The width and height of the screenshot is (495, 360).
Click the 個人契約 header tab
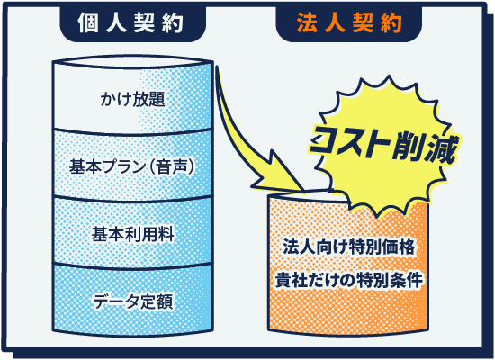(133, 23)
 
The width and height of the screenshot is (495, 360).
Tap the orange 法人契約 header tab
(349, 23)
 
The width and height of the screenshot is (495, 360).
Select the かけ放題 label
(133, 99)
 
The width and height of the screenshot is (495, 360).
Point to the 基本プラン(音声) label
(131, 166)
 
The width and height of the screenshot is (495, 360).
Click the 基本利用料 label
(133, 234)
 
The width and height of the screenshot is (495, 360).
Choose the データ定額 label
(133, 301)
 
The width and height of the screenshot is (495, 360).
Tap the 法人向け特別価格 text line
(349, 247)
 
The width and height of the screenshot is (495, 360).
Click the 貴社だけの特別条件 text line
(349, 280)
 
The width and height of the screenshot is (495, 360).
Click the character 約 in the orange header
(391, 23)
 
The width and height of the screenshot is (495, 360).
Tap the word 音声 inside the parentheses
(171, 166)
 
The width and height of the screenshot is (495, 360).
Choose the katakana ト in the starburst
(377, 145)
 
